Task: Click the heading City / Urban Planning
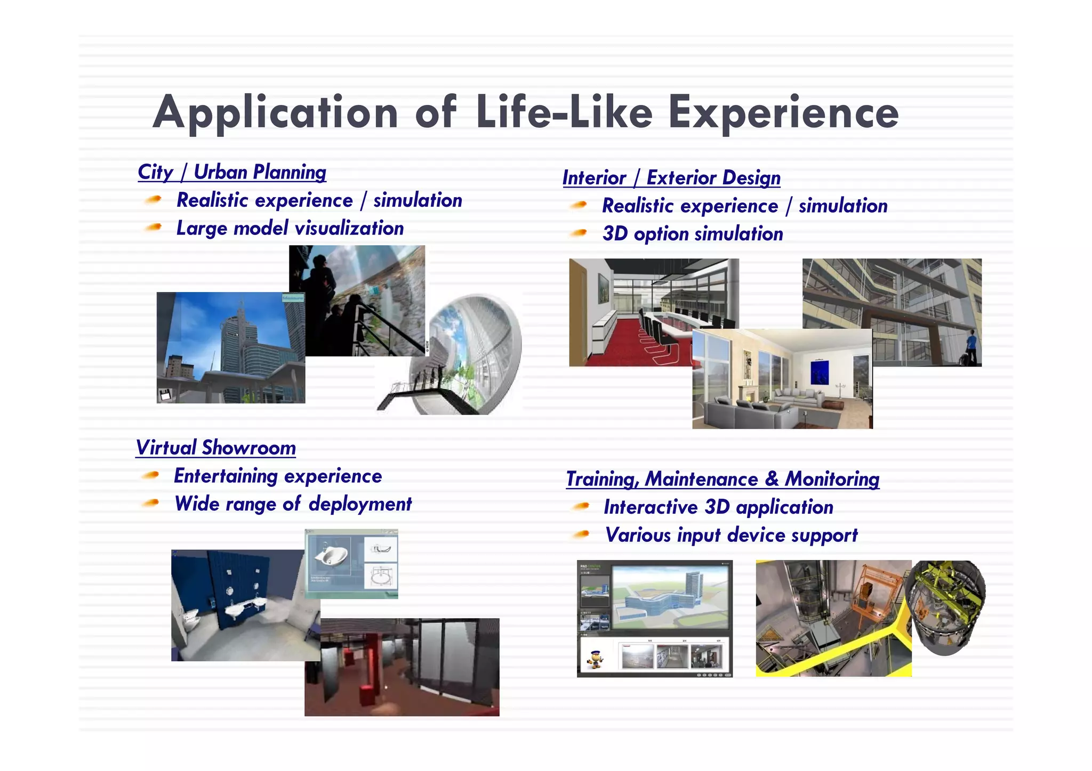231,172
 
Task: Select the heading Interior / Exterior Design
671,178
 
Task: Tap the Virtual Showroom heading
215,448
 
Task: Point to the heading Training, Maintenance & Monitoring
722,479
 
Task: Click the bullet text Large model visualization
290,229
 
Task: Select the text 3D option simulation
692,234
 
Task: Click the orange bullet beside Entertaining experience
151,475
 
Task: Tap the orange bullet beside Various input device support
581,534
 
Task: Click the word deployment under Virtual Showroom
360,504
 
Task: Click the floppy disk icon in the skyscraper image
165,395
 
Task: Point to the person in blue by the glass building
971,346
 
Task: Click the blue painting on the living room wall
819,371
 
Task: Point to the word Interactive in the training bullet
650,507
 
